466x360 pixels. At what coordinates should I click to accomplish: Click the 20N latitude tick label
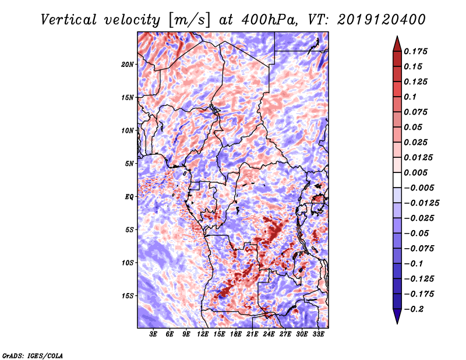coord(128,64)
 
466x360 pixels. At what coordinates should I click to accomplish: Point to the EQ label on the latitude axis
coord(129,196)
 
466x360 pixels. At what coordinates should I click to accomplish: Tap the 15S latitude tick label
coord(128,295)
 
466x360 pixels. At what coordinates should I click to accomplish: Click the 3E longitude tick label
coord(154,334)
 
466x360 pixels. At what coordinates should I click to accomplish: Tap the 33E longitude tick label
coord(318,334)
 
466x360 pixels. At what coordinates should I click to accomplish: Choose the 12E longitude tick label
coord(203,334)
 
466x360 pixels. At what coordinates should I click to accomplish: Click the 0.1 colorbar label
coord(410,97)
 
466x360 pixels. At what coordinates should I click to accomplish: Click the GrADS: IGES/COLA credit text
coord(32,355)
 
